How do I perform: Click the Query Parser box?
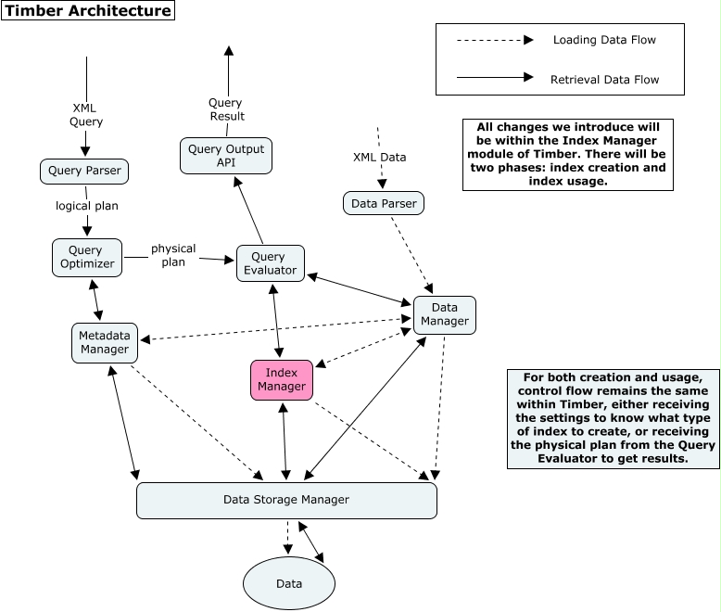(86, 172)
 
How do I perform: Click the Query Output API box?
(226, 156)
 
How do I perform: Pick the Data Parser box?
(384, 203)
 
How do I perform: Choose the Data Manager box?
(444, 314)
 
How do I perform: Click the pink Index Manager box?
(281, 379)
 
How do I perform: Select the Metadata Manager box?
(104, 342)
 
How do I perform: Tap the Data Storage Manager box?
(286, 500)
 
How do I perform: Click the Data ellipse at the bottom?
(289, 583)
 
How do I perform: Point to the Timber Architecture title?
(89, 12)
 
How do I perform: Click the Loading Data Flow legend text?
(604, 40)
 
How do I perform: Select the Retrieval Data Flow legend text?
(604, 79)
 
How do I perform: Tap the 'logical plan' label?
(86, 206)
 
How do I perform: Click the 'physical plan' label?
(173, 255)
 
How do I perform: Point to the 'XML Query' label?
(86, 114)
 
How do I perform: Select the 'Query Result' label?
(226, 109)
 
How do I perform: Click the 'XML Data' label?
(379, 158)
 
